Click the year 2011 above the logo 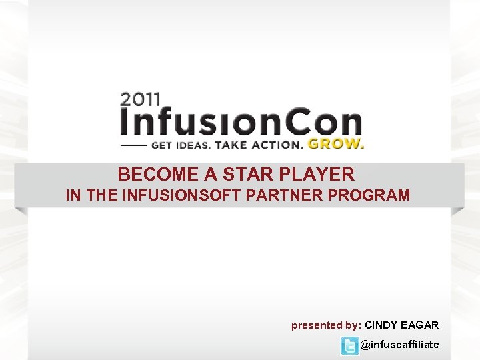(140, 100)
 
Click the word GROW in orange (336, 144)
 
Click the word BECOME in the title (158, 175)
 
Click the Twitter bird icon (349, 345)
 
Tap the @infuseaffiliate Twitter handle (399, 345)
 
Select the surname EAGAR (420, 325)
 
